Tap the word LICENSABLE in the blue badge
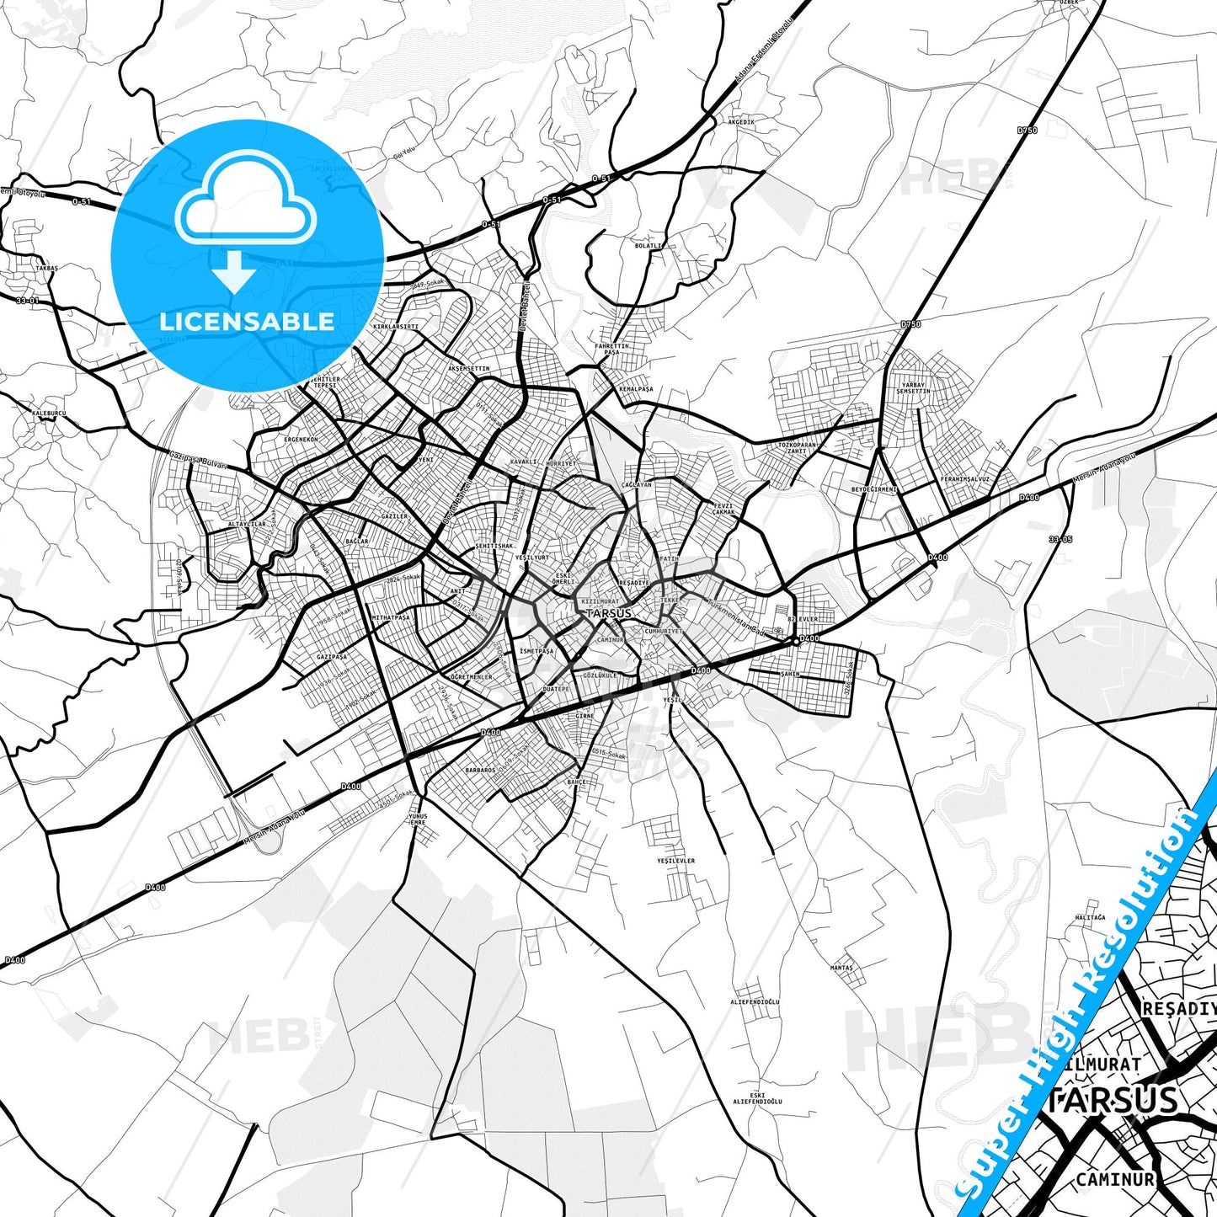pos(247,321)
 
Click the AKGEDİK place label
pos(741,122)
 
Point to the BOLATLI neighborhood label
pos(649,246)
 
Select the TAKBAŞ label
pos(46,268)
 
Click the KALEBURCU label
pos(49,414)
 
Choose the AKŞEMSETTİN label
pos(468,369)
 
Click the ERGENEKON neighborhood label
pos(301,440)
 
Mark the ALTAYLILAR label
pos(246,524)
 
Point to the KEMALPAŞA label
pos(636,389)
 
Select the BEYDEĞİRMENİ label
pos(874,489)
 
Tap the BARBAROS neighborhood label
pos(480,770)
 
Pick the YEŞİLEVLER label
pos(676,861)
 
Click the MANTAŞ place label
pos(841,968)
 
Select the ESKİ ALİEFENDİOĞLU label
pos(757,1098)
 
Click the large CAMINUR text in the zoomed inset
pos(1114,1180)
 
